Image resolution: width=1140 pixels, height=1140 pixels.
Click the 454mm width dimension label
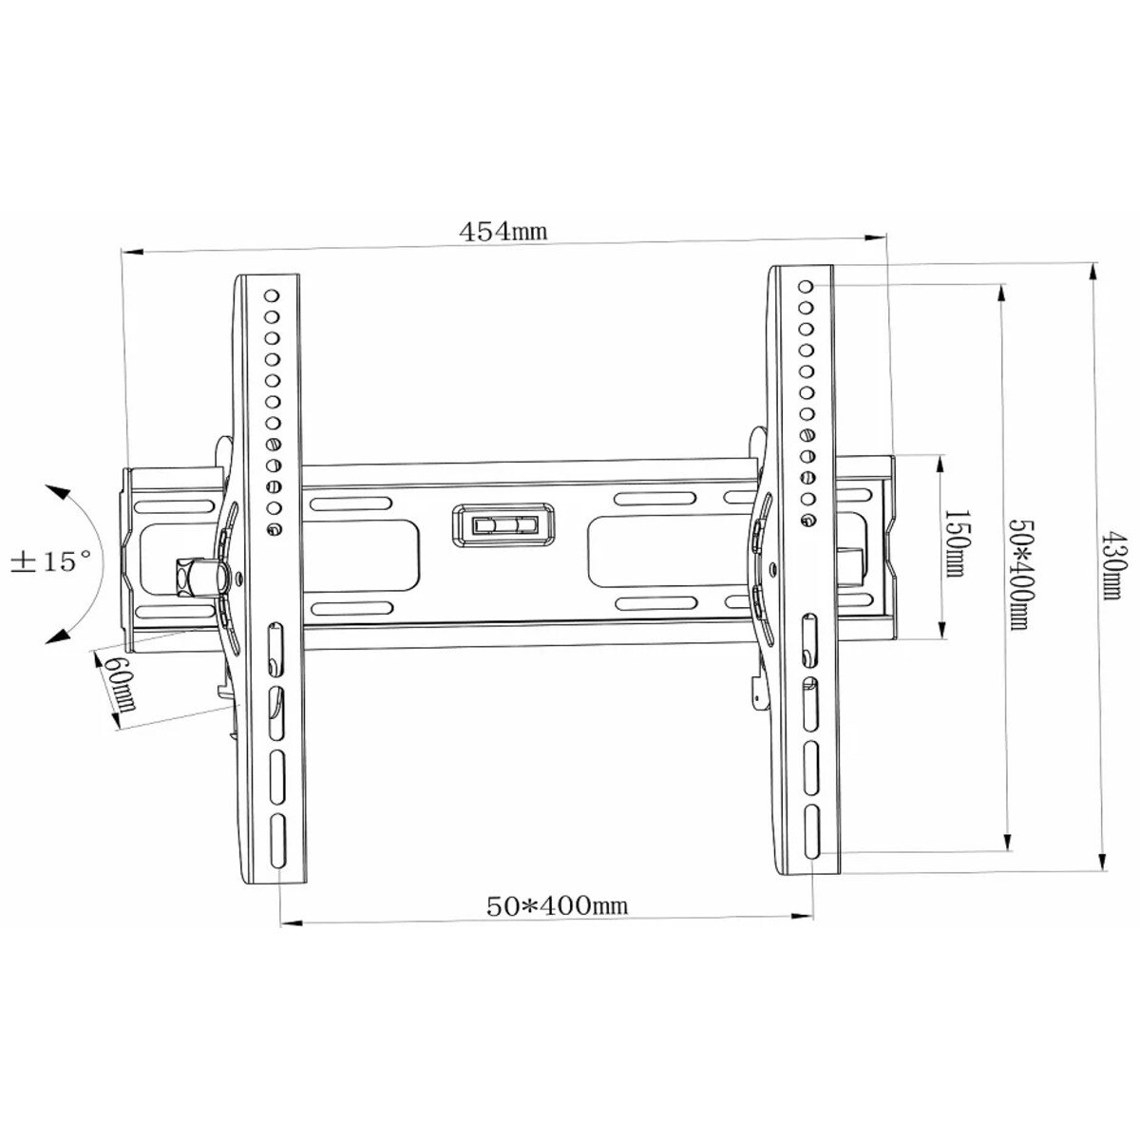point(503,231)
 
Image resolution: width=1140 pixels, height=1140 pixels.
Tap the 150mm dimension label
point(956,543)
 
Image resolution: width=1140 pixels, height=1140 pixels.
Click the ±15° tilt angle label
point(52,561)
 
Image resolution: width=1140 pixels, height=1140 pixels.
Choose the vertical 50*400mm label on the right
point(1019,573)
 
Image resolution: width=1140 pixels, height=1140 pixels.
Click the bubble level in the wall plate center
point(503,524)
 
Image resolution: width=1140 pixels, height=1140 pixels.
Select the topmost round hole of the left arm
point(271,295)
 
